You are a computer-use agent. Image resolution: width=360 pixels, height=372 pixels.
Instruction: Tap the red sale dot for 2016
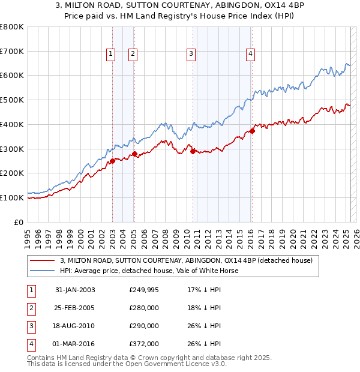click(252, 131)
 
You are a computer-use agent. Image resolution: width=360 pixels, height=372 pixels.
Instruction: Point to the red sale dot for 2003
click(112, 161)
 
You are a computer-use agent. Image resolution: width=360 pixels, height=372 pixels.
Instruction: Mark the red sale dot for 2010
click(193, 151)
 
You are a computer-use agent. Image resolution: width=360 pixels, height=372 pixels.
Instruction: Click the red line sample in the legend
click(41, 261)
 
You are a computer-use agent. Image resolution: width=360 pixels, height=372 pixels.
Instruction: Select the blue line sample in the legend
click(41, 271)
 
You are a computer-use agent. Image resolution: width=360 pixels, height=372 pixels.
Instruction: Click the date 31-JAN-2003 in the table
click(75, 290)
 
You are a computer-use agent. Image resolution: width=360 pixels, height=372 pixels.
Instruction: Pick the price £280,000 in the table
click(144, 308)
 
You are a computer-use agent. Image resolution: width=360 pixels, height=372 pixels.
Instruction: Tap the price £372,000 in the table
click(144, 344)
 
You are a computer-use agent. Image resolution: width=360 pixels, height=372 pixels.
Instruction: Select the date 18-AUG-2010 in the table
click(75, 326)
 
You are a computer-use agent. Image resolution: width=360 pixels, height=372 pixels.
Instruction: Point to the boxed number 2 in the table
click(29, 308)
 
